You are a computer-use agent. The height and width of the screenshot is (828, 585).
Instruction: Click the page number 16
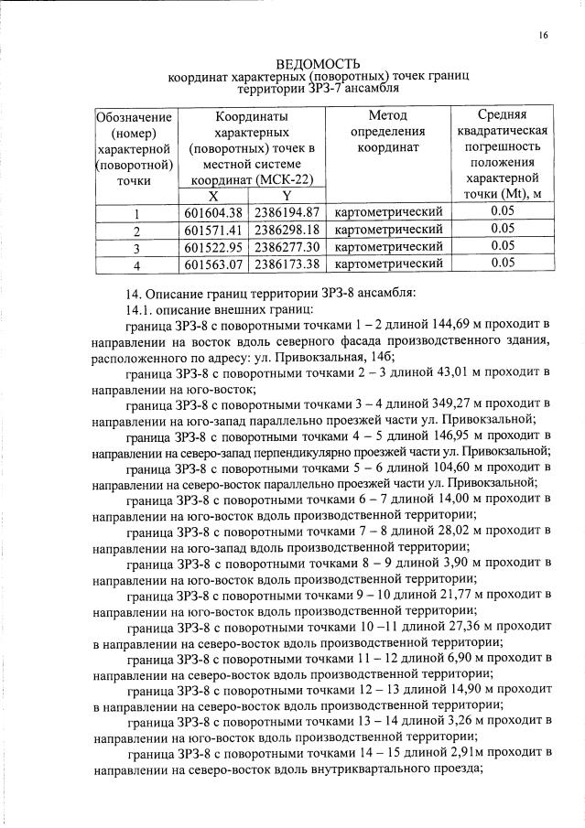pyautogui.click(x=543, y=35)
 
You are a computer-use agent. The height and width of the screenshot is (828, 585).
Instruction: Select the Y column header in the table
pyautogui.click(x=286, y=195)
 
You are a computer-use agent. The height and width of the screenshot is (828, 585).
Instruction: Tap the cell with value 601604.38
pyautogui.click(x=212, y=212)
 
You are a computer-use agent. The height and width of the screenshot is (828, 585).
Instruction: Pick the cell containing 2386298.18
pyautogui.click(x=286, y=229)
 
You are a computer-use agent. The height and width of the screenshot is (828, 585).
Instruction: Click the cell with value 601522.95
pyautogui.click(x=212, y=247)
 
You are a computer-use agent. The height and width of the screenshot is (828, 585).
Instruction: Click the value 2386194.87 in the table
pyautogui.click(x=286, y=212)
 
